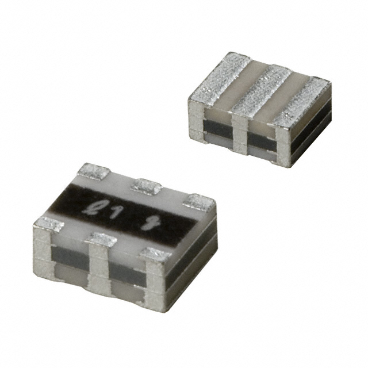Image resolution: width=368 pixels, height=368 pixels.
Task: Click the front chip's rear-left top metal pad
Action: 93,170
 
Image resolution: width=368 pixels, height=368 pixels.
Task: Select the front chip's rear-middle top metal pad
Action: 147,186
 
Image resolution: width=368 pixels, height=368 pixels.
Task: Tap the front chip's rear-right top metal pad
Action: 200,202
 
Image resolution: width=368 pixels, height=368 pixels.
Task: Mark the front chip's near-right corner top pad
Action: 156,255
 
